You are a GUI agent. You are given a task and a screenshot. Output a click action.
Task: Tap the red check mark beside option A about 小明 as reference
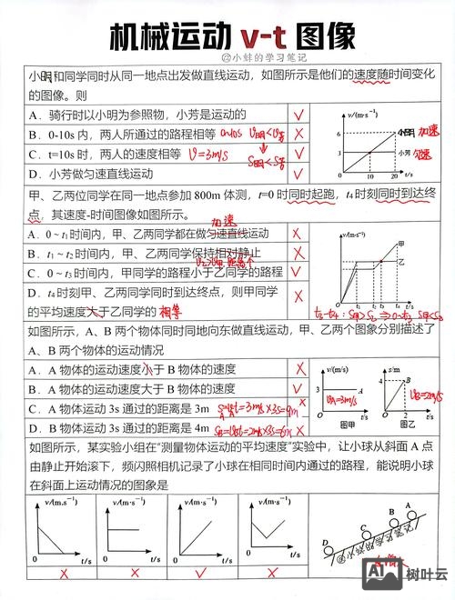click(x=298, y=115)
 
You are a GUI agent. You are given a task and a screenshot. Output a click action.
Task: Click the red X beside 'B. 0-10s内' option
click(x=298, y=135)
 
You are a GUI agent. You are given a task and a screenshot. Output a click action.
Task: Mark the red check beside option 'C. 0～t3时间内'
click(x=298, y=272)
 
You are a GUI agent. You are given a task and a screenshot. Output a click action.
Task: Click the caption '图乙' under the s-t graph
click(x=401, y=424)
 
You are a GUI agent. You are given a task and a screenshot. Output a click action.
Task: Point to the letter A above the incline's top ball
click(x=409, y=504)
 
